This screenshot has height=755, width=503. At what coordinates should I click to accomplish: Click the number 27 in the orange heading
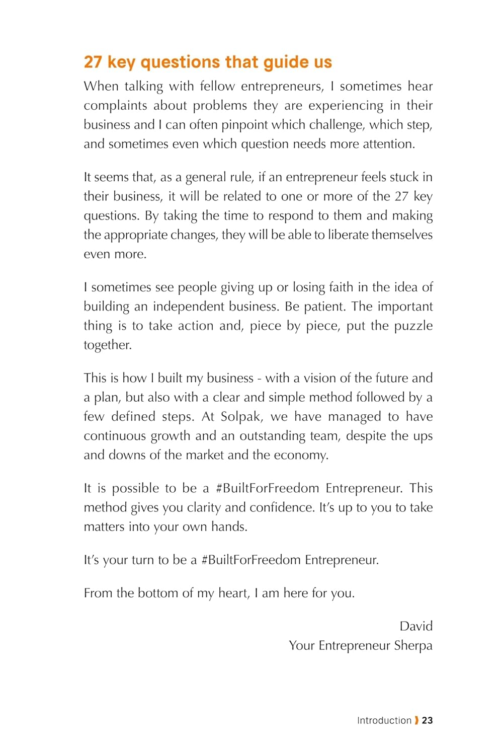(x=93, y=62)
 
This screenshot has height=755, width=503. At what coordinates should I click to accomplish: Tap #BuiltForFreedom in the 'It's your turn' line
(x=251, y=560)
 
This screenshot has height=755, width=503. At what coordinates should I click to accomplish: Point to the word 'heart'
(x=233, y=593)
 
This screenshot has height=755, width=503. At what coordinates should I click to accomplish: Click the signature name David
(x=416, y=626)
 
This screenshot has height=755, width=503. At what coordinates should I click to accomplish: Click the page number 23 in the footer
(x=427, y=720)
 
